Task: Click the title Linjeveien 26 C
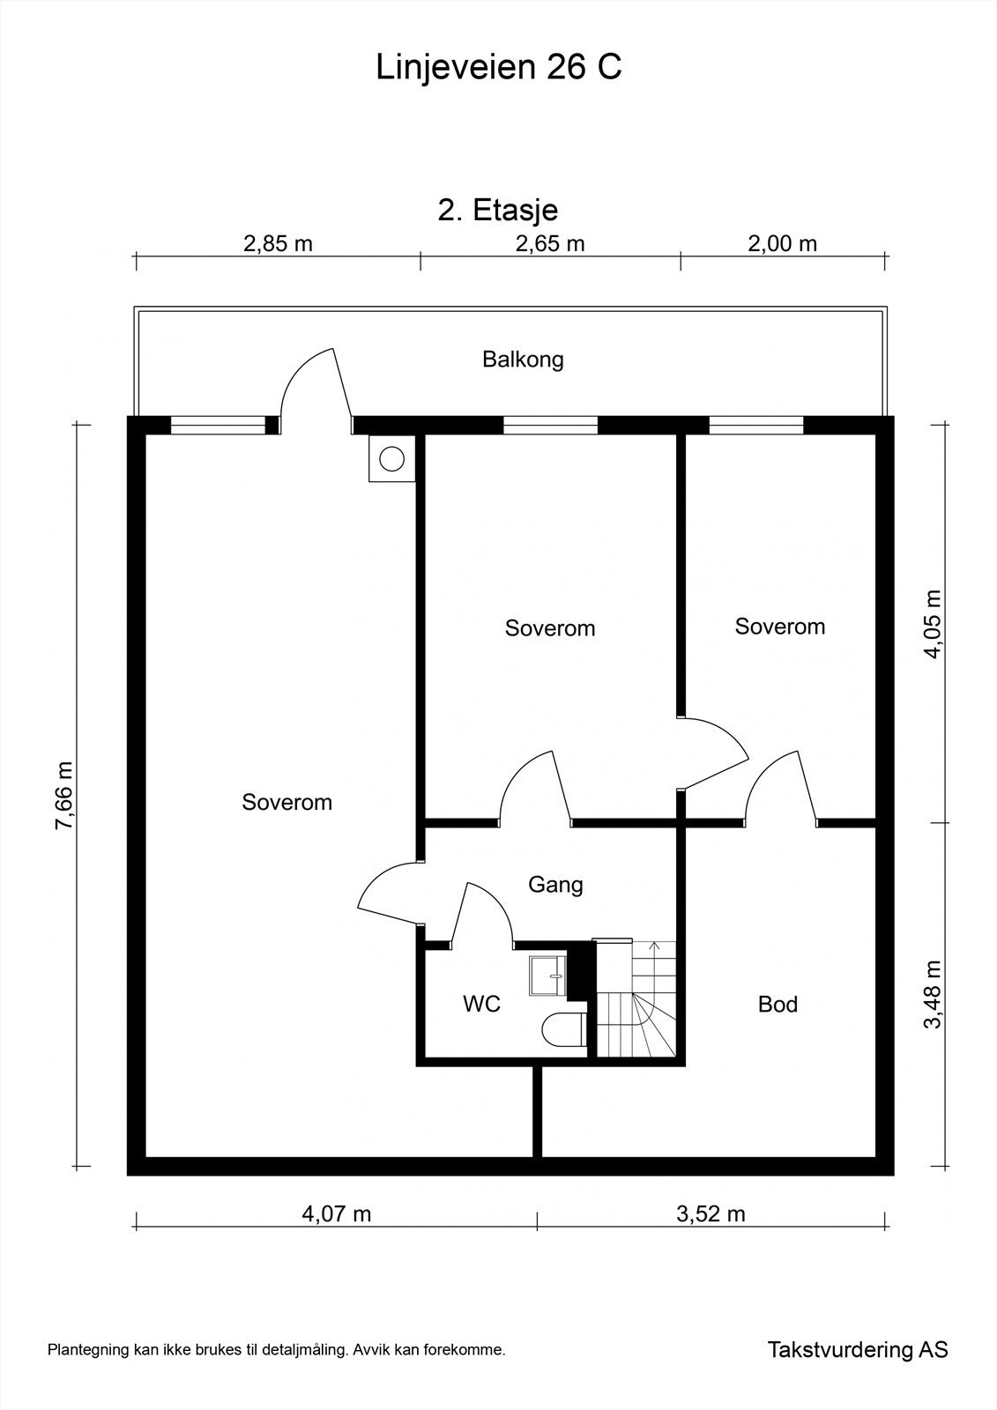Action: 498,67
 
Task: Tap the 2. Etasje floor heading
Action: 498,211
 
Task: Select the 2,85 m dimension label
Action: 278,243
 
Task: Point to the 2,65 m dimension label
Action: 550,243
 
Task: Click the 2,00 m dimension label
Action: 782,243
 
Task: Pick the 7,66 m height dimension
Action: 64,797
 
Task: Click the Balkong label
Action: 523,360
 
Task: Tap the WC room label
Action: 482,1004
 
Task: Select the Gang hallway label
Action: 555,886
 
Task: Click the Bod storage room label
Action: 778,1004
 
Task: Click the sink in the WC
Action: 548,976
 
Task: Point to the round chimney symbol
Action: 391,458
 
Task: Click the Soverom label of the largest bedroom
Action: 286,802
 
